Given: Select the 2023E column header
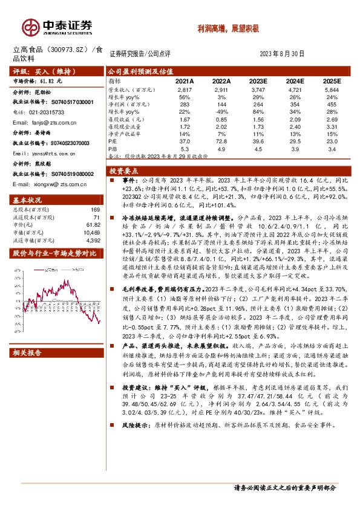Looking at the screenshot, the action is [x=258, y=80].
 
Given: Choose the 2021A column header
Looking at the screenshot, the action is [x=185, y=80].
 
